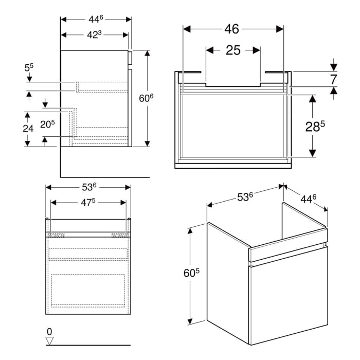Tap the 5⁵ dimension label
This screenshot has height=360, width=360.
click(x=29, y=67)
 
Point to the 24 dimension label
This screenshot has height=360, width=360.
click(x=28, y=129)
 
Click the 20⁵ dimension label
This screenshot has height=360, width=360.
click(x=48, y=124)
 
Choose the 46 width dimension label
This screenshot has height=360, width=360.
click(x=233, y=29)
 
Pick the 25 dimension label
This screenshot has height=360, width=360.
click(x=233, y=50)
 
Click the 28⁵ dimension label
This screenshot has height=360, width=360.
click(x=316, y=127)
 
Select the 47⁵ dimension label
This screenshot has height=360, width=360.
click(x=88, y=203)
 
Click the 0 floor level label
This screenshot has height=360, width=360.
click(x=49, y=331)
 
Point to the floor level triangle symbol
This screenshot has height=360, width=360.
click(x=49, y=340)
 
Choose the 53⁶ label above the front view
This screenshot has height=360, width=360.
click(x=88, y=187)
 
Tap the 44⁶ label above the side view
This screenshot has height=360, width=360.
click(x=95, y=19)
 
